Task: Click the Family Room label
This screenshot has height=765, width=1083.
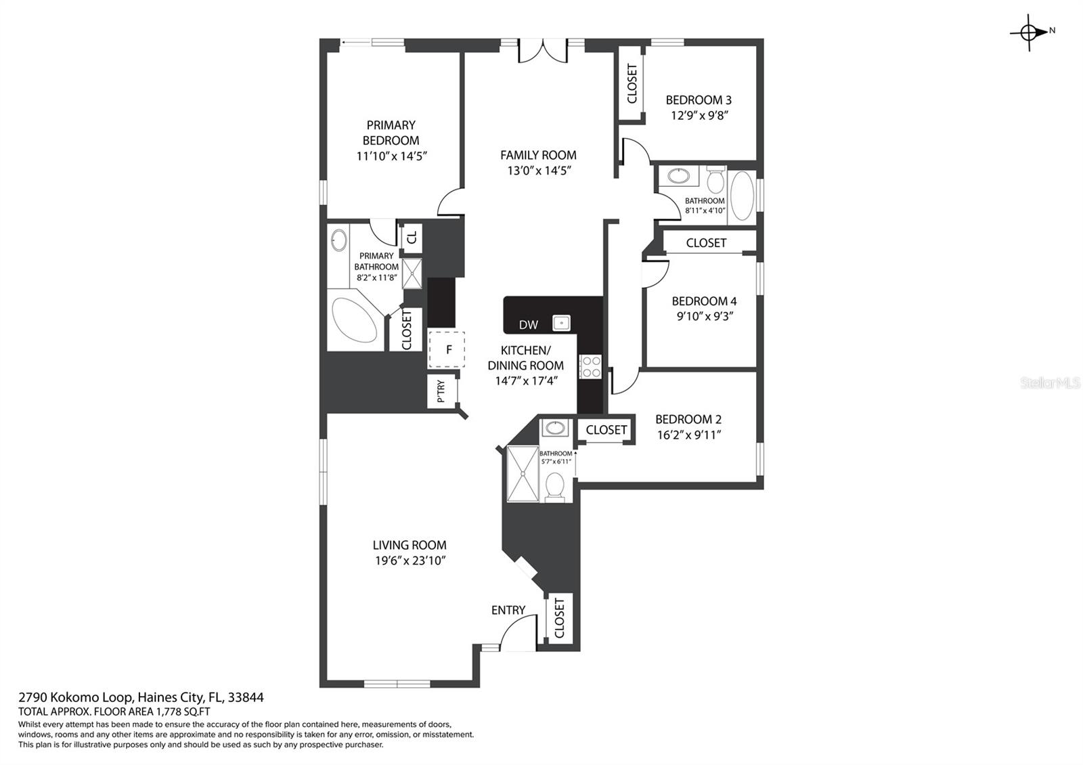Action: (538, 155)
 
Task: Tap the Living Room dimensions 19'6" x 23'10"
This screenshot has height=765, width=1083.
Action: (410, 561)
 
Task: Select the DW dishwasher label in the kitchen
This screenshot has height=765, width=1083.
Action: (529, 325)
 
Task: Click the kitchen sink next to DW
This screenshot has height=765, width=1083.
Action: (561, 323)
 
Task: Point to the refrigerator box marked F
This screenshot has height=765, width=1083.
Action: (447, 349)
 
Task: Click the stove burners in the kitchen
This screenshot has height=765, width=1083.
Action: (590, 366)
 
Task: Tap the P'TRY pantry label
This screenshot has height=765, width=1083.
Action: (441, 391)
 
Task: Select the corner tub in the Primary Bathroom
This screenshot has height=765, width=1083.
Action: (355, 319)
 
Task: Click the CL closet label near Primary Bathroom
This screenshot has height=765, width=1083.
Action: (412, 238)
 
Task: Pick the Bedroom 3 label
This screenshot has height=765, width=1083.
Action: (699, 100)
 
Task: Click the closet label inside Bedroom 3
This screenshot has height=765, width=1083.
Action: (632, 84)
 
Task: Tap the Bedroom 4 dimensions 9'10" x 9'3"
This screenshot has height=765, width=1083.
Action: (705, 316)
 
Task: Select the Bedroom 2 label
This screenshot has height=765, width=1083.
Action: (688, 419)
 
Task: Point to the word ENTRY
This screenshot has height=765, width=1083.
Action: (508, 610)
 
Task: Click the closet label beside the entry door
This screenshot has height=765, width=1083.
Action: (559, 618)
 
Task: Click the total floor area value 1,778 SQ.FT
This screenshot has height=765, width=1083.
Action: (182, 712)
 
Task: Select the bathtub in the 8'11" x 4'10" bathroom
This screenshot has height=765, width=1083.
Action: (742, 196)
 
